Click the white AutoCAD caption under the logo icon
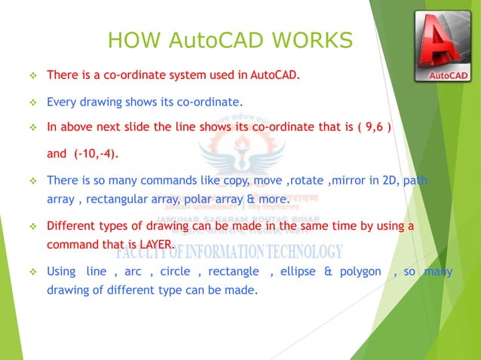point(448,76)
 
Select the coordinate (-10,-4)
point(95,154)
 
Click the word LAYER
point(153,245)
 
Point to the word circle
point(175,271)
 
